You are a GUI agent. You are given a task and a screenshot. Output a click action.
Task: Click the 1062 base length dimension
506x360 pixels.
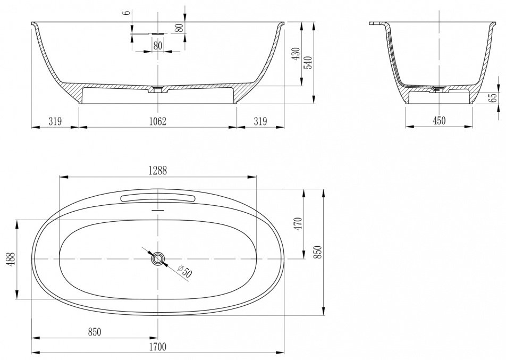[x=157, y=121]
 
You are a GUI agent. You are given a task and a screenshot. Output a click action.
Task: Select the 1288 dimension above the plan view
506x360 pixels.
[x=158, y=171]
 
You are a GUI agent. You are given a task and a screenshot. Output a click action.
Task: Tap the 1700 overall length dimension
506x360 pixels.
[x=158, y=347]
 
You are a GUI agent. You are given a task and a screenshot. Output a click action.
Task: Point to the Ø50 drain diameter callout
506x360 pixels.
[x=185, y=271]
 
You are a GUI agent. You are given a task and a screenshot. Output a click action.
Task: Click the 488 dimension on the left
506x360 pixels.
[x=11, y=259]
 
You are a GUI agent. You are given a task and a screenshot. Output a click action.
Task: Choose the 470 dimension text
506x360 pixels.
[x=298, y=224]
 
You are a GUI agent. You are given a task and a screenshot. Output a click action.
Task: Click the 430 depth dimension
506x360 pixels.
[x=296, y=54]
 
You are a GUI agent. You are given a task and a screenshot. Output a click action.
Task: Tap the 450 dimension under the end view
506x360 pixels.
[x=439, y=120]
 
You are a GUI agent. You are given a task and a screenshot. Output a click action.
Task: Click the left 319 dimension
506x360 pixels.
[x=55, y=121]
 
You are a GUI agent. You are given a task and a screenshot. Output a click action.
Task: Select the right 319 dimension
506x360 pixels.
[x=260, y=121]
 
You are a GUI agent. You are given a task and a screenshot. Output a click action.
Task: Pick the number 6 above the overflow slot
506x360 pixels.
[x=127, y=12]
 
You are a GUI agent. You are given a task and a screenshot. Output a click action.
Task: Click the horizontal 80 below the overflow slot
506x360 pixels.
[x=158, y=46]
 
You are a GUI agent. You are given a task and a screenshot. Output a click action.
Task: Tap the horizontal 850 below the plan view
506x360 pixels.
[x=95, y=332]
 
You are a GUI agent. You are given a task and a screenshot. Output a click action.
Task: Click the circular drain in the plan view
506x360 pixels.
[x=158, y=259]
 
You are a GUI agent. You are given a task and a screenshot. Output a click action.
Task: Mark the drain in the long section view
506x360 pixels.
[x=158, y=89]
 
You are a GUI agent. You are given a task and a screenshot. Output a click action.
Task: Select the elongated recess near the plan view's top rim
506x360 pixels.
[x=158, y=198]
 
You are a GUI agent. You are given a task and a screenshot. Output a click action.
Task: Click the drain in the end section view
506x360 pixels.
[x=439, y=89]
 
